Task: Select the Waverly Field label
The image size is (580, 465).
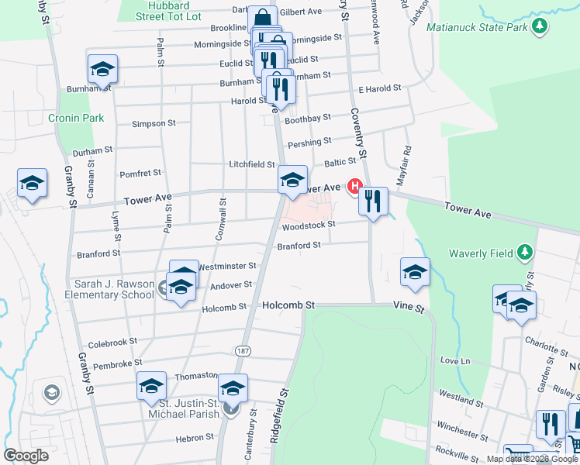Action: pos(482,253)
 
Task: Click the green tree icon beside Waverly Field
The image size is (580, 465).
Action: pos(525,253)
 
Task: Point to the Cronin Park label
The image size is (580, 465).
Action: pos(71,118)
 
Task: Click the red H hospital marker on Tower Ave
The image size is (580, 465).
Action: pos(356,186)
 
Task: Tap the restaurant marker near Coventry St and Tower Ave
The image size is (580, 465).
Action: pos(374,202)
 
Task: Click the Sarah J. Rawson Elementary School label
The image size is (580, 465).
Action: pos(114,289)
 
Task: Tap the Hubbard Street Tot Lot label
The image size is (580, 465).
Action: pos(168,10)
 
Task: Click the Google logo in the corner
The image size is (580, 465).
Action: pos(26,456)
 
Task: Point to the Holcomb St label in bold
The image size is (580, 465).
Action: pos(288,305)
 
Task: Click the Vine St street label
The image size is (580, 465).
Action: pos(409,308)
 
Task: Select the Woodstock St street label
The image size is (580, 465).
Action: pos(308,226)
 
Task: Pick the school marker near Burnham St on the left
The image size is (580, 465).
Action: pos(102,70)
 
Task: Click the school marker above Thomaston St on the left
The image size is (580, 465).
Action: pos(151,387)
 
